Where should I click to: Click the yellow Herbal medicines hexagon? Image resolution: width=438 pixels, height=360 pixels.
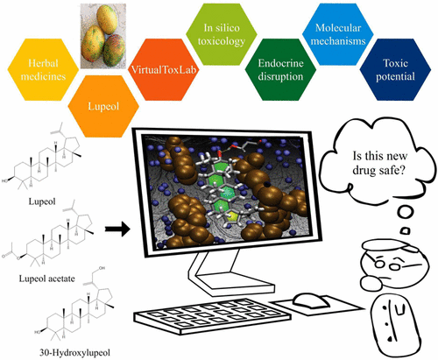coord(43,69)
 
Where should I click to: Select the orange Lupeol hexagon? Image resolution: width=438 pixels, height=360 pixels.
coord(103,106)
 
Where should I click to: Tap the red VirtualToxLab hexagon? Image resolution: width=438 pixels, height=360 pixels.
coord(164,69)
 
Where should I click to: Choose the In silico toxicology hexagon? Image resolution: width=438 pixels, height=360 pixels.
coord(222,34)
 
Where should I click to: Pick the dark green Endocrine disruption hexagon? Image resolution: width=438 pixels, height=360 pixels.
coord(280,69)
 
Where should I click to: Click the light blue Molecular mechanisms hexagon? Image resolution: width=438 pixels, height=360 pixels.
coord(338,34)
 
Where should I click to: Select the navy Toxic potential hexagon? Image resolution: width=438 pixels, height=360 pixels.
coord(395,69)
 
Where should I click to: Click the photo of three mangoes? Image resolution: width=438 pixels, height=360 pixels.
coord(103,36)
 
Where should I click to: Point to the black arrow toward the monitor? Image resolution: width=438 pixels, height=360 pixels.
coord(117,229)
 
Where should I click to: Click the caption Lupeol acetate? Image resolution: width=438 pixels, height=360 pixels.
coord(46,279)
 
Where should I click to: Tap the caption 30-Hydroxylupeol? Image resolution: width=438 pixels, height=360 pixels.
coord(75,353)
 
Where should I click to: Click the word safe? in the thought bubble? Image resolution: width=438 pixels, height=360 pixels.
coord(391,170)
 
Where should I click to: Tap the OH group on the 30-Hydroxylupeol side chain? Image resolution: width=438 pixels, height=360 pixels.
coord(102,268)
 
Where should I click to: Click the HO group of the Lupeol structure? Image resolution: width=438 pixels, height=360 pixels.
coord(5,181)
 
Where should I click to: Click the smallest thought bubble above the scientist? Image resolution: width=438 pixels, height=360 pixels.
coord(405,231)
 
